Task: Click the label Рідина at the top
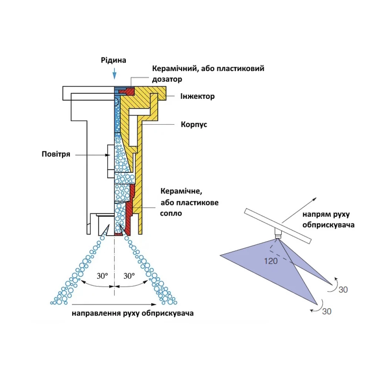(x=114, y=60)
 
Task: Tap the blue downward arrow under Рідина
(x=114, y=73)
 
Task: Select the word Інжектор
(x=198, y=97)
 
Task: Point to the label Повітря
(x=56, y=154)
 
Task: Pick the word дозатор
(x=167, y=79)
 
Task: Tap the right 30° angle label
(x=129, y=276)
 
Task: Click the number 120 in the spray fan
(x=271, y=261)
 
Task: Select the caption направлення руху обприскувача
(x=133, y=313)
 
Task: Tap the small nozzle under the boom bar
(x=278, y=234)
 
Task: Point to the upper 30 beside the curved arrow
(x=343, y=290)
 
